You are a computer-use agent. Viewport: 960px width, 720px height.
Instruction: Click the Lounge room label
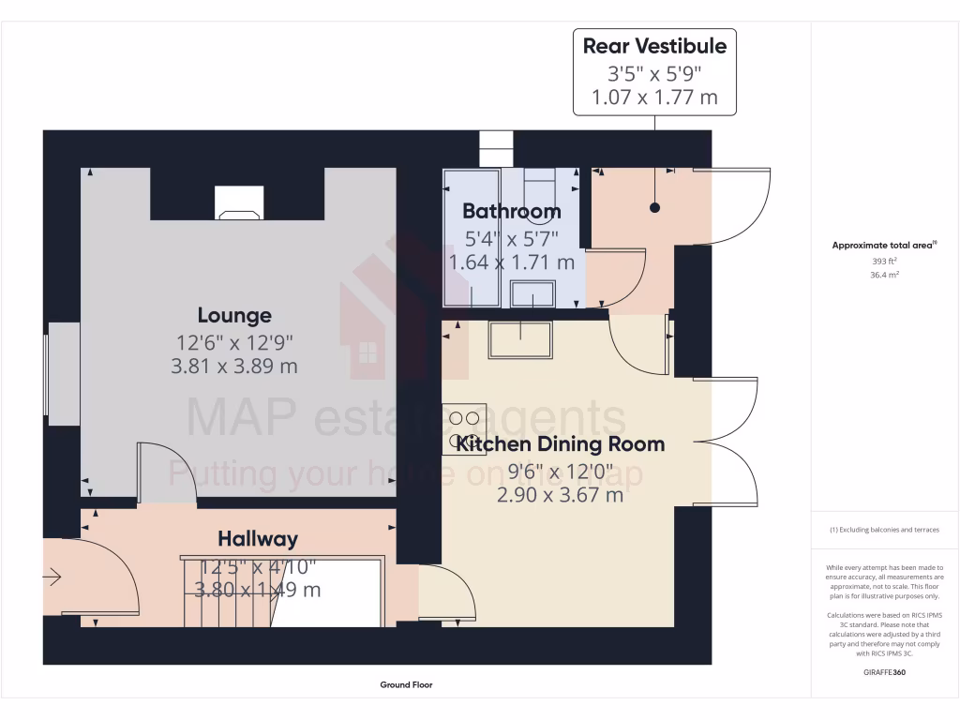[x=234, y=316]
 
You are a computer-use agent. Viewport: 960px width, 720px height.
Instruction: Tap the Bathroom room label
[x=511, y=211]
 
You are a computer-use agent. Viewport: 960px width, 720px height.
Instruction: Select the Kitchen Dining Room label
[x=560, y=443]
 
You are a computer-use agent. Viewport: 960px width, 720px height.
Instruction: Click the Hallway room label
[x=258, y=539]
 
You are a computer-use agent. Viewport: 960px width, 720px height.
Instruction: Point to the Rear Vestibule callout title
[x=654, y=46]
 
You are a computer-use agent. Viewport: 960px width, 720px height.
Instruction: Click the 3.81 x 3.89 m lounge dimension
[x=234, y=367]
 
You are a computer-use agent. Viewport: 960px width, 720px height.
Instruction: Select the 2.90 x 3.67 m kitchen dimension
[x=560, y=494]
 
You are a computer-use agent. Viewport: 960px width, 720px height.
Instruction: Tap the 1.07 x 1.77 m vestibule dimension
[x=654, y=97]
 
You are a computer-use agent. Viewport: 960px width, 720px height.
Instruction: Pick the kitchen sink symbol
[x=520, y=338]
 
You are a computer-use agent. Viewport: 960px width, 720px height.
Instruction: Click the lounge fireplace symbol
[x=240, y=202]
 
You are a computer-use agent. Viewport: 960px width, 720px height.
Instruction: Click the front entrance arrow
[x=52, y=577]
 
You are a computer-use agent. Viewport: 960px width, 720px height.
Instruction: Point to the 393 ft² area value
[x=885, y=262]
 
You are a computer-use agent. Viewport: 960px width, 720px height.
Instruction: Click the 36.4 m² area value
[x=885, y=276]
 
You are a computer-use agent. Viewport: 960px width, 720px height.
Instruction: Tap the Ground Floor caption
[x=406, y=685]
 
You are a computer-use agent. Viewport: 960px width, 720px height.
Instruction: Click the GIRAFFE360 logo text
[x=885, y=672]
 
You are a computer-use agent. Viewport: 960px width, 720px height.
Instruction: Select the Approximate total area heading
[x=885, y=246]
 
